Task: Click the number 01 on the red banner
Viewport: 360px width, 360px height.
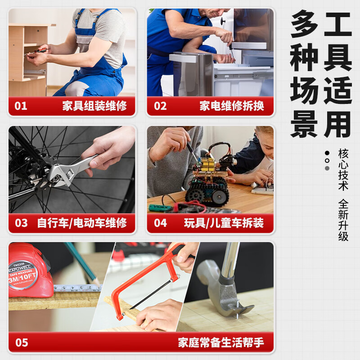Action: (21, 106)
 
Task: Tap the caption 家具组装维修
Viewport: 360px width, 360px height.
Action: (94, 106)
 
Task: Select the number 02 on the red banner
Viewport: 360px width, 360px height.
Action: (160, 106)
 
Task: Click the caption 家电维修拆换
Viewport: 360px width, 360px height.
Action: (232, 106)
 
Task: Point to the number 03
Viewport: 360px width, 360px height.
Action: (21, 223)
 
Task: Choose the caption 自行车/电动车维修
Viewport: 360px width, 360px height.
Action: (82, 223)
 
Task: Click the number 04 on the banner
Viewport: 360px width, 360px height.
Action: (160, 223)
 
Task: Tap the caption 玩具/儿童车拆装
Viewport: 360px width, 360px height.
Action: (224, 223)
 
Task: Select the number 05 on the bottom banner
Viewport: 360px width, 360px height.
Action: (22, 342)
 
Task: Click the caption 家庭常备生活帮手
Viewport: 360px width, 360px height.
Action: (220, 342)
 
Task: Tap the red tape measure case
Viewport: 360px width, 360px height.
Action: (29, 270)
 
